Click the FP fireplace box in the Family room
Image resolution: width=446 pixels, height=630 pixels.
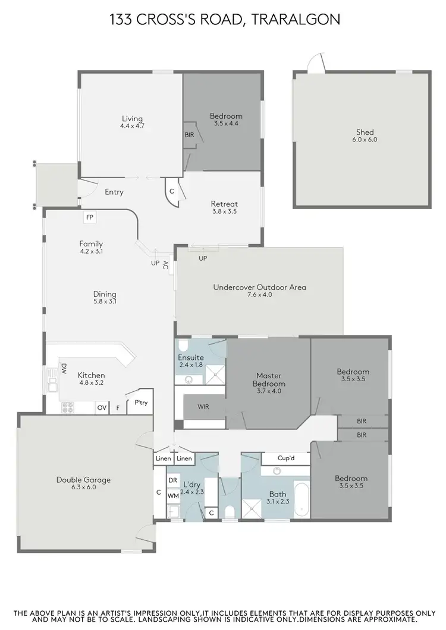coord(90,217)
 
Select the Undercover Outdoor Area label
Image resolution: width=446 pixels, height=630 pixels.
coord(259,287)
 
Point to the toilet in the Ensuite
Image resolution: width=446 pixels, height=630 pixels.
coord(184,346)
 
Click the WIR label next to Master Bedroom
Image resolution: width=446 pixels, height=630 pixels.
coord(203,407)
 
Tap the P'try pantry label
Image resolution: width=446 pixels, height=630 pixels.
coord(141,403)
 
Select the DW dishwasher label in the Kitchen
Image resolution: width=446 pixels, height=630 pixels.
coord(64,368)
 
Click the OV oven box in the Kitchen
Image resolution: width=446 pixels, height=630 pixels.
coord(102,408)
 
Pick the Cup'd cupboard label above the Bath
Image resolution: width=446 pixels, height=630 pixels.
coord(285,459)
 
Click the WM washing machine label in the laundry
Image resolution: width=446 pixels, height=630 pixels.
coord(173,495)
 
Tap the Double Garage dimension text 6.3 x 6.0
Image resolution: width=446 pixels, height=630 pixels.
coord(84,487)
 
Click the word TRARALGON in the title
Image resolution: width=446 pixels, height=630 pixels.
coord(296,20)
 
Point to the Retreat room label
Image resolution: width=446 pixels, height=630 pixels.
coord(224,204)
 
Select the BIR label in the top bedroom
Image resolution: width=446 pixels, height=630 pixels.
coord(189,135)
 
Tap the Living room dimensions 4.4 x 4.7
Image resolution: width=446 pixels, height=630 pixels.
coord(132,126)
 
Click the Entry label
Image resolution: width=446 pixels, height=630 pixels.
coord(114,192)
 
